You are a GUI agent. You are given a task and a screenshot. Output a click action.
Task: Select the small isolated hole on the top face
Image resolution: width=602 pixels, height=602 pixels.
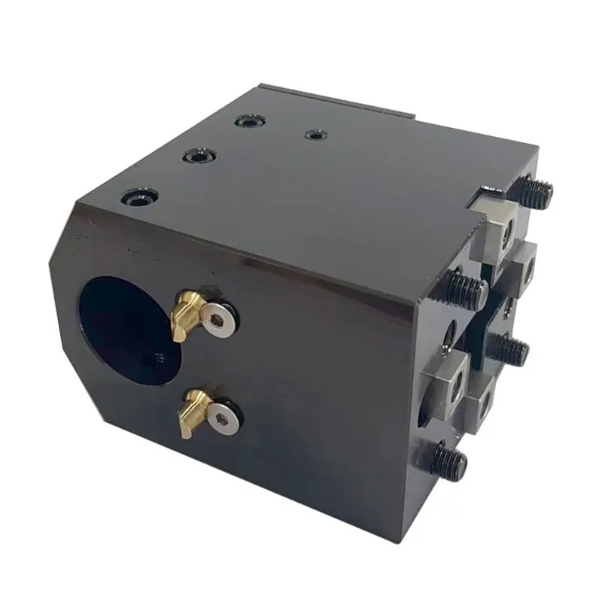(x=314, y=135)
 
